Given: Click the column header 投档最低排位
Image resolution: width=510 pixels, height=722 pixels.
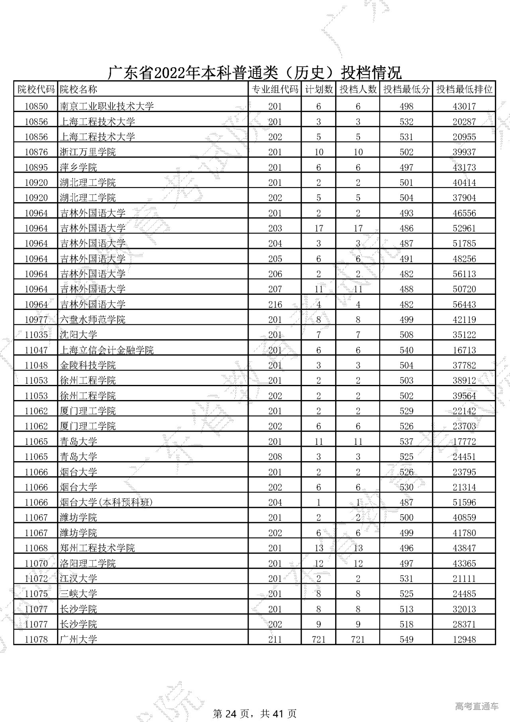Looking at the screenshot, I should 464,89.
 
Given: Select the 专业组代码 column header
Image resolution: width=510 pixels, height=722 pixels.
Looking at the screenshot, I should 275,89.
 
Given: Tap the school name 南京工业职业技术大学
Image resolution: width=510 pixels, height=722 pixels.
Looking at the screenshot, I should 107,106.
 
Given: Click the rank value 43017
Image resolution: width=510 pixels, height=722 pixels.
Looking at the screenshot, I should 464,106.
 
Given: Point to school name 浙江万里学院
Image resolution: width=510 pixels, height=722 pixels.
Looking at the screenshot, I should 88,152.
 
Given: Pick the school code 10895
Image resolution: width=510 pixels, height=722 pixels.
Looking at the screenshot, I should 36,167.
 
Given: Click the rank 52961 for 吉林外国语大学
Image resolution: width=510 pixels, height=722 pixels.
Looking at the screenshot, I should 464,228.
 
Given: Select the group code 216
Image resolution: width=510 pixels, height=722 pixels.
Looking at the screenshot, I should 275,304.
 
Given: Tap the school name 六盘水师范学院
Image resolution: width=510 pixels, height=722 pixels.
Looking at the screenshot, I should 92,320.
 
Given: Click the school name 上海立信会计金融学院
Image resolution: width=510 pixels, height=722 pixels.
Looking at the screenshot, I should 107,350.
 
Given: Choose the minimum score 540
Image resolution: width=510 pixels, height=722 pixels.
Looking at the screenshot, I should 406,350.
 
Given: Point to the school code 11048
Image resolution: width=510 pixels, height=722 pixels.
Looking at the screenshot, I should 36,365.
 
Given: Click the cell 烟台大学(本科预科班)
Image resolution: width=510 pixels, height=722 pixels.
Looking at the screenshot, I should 106,502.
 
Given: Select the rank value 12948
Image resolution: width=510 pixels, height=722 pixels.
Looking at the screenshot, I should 464,639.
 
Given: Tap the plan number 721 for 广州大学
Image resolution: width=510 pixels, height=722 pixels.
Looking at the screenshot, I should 318,639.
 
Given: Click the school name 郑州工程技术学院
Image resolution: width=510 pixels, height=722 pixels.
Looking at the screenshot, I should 97,548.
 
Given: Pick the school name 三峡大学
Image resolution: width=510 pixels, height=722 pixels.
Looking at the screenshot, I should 78,594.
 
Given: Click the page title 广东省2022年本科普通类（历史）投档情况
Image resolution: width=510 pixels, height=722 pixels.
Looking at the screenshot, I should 255,73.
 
